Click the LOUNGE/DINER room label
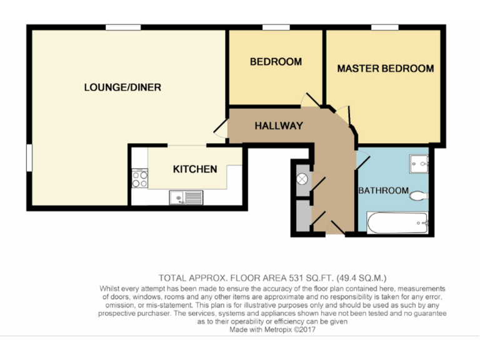tap(122, 87)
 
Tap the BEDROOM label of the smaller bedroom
tap(276, 62)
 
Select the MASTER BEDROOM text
tap(385, 69)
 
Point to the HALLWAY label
tap(278, 126)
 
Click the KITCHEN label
tap(195, 169)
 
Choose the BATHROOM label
tap(383, 191)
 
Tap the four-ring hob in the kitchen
tap(139, 179)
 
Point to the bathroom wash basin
tap(419, 164)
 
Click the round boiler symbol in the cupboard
tap(302, 179)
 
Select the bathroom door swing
tap(363, 160)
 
